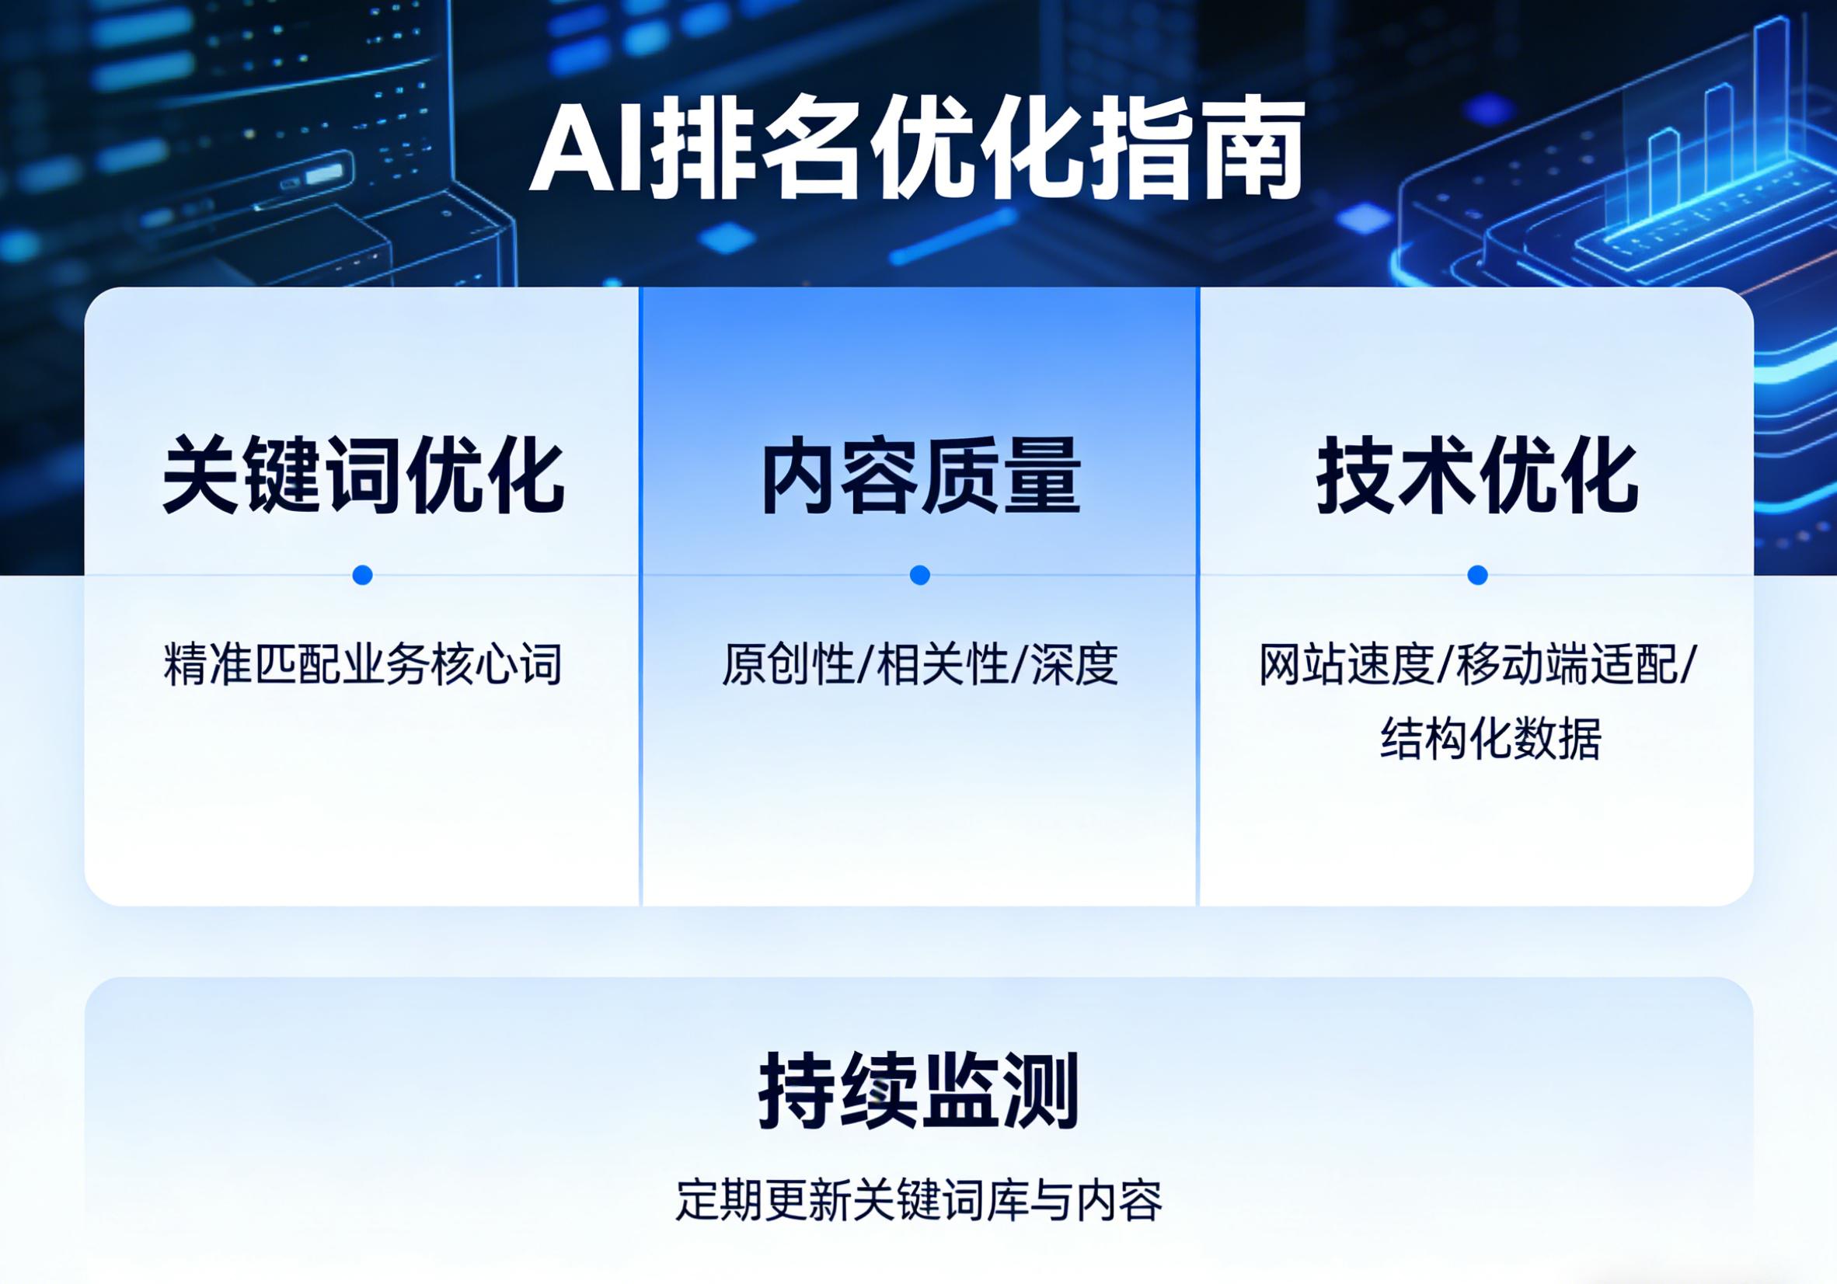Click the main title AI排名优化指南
pos(916,153)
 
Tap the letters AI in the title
pos(587,155)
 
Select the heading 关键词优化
pos(363,475)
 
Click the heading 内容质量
pos(920,475)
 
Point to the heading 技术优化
pos(1477,475)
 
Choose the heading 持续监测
pos(918,1091)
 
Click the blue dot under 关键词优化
pos(362,574)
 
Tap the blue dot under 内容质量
pos(920,574)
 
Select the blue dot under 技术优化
pos(1478,574)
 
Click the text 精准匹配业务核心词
pos(363,664)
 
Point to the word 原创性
pos(787,664)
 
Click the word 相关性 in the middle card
pos(942,664)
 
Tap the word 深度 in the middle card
pos(1074,664)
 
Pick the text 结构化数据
pos(1490,739)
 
